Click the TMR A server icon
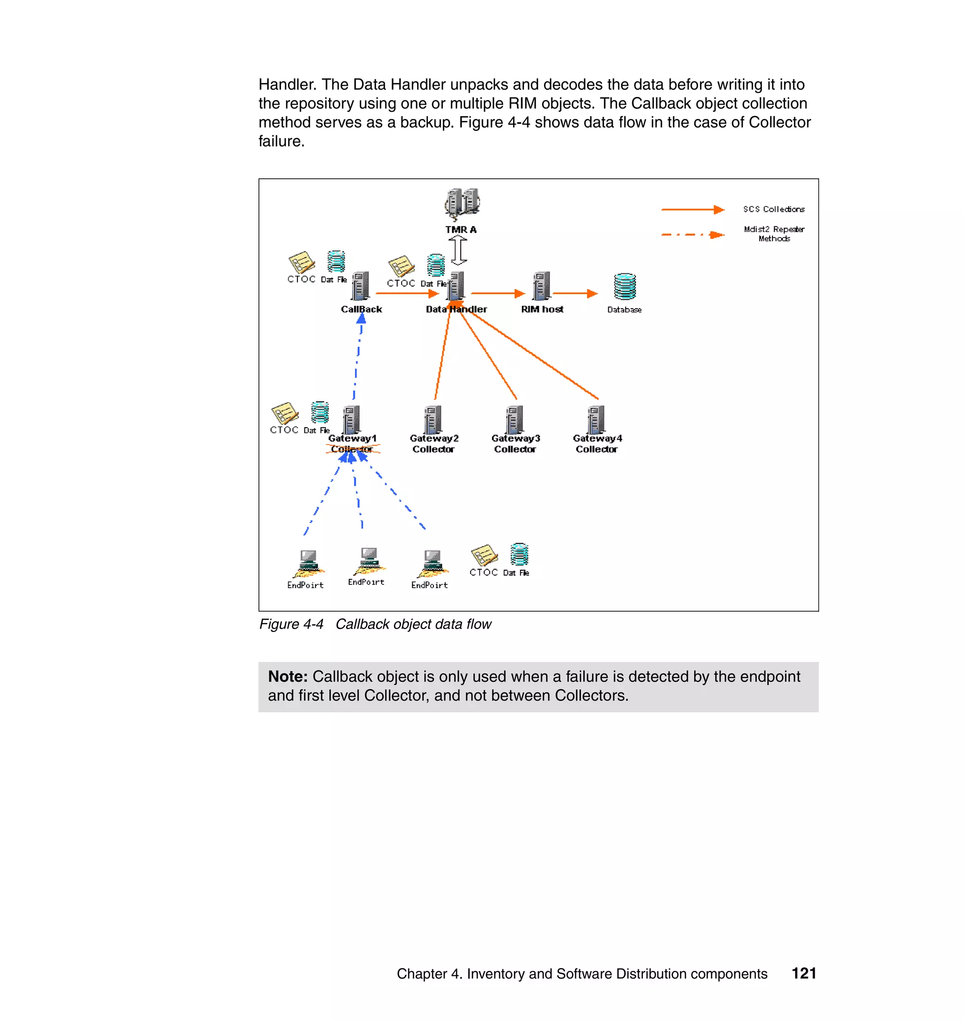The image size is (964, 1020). click(462, 202)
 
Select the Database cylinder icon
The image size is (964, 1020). click(624, 287)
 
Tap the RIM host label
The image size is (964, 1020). click(542, 309)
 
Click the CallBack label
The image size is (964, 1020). click(361, 309)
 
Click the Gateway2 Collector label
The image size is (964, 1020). click(434, 444)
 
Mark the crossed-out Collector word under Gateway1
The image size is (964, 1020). click(353, 449)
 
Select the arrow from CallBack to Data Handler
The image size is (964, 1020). click(407, 293)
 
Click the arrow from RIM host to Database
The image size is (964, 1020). click(575, 293)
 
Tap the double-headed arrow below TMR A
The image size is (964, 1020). click(458, 251)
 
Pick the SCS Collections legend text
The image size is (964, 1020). click(773, 209)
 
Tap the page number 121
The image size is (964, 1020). click(803, 973)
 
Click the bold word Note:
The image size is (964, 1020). click(288, 677)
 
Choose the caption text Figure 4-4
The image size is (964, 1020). click(291, 624)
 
